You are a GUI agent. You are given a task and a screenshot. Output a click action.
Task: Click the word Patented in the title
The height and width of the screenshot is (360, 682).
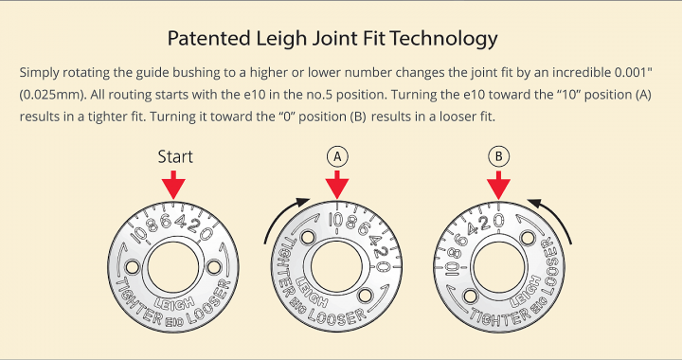coord(208,38)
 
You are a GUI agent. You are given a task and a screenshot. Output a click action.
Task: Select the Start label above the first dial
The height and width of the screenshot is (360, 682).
coord(175,156)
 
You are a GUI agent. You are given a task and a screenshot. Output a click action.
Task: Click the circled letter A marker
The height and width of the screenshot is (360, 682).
coord(337,156)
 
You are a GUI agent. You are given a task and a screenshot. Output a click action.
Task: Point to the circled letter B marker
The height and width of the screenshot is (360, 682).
coord(498,156)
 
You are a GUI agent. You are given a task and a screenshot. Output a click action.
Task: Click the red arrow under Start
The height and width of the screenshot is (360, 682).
coord(173,185)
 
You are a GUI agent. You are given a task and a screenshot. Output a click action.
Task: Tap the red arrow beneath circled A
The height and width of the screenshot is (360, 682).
coord(337,185)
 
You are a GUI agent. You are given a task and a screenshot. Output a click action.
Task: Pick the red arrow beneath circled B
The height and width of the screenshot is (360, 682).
coord(498,185)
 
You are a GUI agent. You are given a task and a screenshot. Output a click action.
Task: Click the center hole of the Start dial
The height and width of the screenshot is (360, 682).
coord(173,268)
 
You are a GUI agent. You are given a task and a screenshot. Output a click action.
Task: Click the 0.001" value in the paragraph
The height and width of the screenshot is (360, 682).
coord(634,72)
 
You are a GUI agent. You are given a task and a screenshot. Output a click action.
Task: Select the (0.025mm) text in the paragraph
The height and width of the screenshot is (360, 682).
coord(52,95)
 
